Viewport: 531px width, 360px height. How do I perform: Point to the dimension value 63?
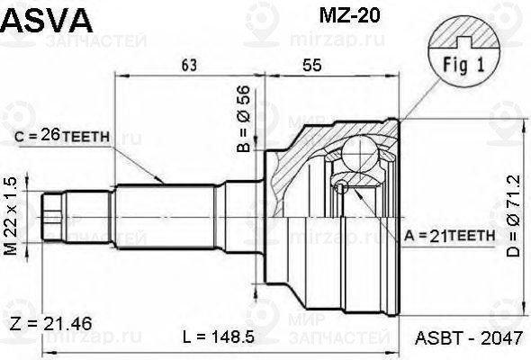tap(189, 65)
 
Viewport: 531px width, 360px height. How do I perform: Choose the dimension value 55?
tap(312, 65)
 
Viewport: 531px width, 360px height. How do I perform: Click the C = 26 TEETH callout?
tap(63, 137)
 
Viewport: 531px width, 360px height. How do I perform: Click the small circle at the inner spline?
tap(341, 186)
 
